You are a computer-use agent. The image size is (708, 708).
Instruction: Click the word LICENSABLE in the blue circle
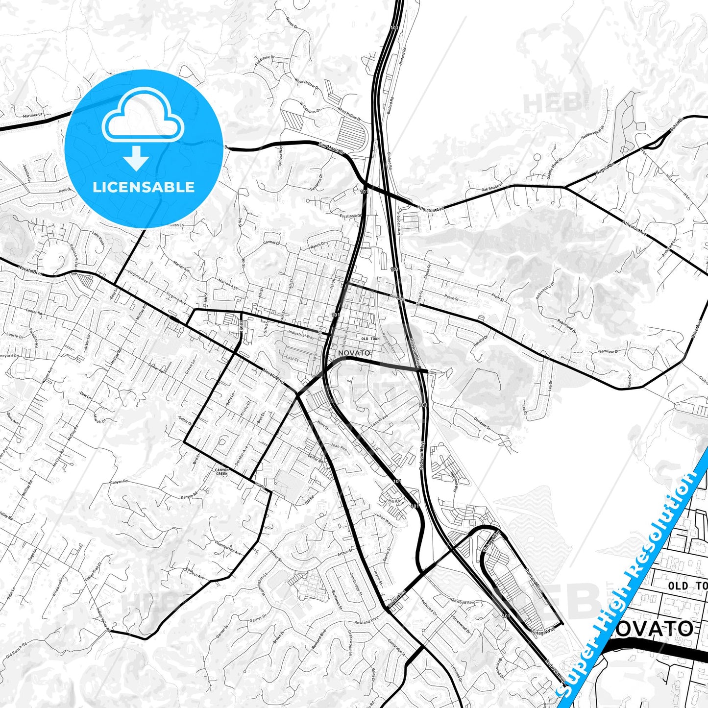[144, 187]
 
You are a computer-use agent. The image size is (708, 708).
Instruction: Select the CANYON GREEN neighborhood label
[222, 472]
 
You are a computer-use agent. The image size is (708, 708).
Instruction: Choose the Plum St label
[497, 296]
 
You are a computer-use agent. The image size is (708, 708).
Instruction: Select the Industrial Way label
[301, 335]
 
